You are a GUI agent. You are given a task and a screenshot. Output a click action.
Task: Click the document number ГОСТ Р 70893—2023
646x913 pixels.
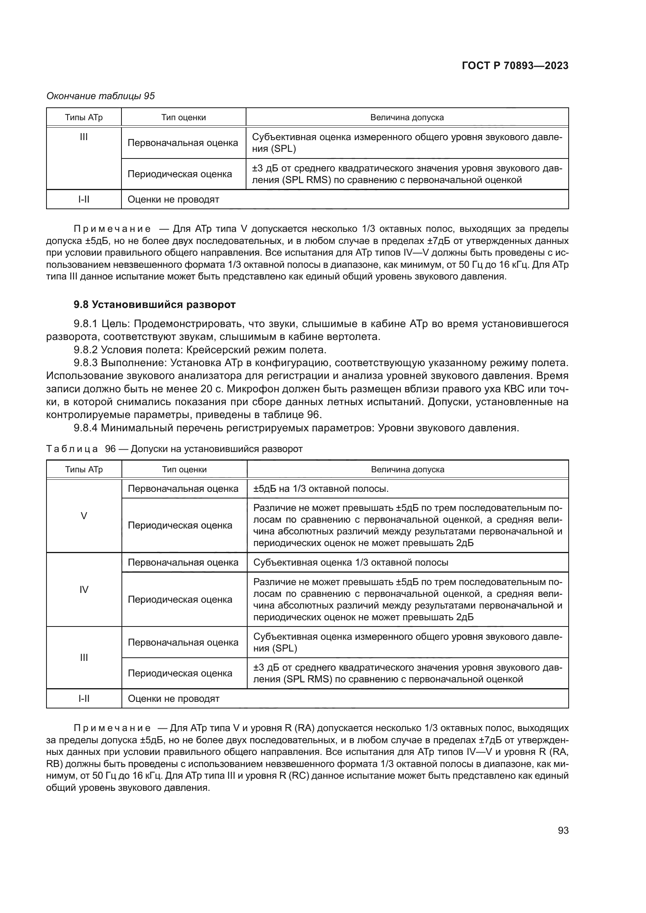pos(515,66)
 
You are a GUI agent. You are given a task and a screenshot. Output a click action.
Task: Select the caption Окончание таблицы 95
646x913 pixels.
pos(101,96)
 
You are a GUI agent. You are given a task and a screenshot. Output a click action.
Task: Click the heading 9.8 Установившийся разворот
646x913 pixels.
pos(155,304)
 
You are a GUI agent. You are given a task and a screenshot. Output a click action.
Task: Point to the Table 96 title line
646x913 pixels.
pos(174,449)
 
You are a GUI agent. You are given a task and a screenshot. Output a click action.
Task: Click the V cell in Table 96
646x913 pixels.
pos(84,516)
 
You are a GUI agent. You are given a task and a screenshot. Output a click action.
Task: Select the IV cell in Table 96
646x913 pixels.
pos(84,589)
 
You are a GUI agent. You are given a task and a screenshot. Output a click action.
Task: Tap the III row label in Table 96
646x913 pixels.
pos(84,657)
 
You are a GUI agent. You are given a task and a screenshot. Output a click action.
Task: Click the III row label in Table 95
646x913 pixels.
pos(84,137)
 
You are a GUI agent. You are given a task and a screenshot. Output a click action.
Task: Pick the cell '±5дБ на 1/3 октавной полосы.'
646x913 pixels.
pos(321,489)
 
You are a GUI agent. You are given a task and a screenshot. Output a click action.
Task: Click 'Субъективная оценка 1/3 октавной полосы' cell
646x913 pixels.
pos(350,562)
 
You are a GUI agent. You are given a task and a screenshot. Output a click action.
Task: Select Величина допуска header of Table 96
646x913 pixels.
pos(407,469)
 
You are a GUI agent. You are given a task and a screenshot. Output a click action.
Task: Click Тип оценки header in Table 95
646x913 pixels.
pos(184,117)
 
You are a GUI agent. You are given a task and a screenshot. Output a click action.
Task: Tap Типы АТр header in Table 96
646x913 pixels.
pos(84,469)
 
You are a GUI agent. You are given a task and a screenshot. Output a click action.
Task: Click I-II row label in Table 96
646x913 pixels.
pos(84,699)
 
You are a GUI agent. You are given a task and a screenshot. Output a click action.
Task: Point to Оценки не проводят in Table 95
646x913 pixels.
pos(173,199)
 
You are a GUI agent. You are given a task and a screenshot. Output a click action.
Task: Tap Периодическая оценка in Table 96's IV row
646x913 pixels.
pos(180,599)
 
